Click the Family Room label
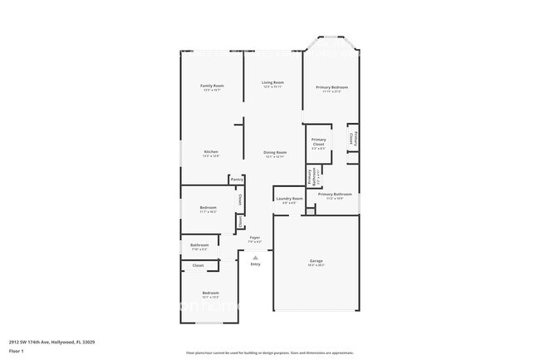pos(213,86)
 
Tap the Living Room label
pos(273,83)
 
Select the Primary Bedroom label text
pos(331,87)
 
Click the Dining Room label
pos(275,153)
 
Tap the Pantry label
pos(237,179)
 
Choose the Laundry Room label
pos(289,200)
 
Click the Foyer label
pos(255,238)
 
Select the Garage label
pos(317,261)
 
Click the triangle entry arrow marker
pos(255,257)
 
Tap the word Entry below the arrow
pos(255,264)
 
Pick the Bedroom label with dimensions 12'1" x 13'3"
pos(210,293)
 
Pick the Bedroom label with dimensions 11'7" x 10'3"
pos(208,208)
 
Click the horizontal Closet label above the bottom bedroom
pos(198,265)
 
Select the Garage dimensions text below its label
pos(317,266)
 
